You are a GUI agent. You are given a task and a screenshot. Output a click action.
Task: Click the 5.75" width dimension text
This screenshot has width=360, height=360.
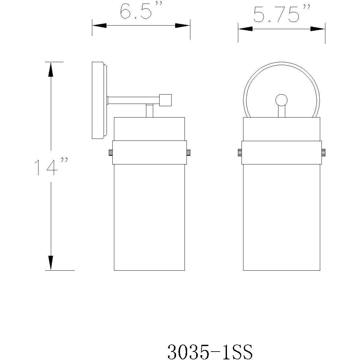pyautogui.click(x=280, y=15)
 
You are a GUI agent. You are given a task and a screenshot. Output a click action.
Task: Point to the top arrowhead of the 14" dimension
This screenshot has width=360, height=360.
pyautogui.click(x=51, y=69)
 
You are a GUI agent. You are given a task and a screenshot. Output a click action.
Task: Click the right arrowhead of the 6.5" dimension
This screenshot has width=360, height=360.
pyautogui.click(x=183, y=26)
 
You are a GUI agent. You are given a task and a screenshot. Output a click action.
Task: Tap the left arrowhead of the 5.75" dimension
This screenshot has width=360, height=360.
pyautogui.click(x=245, y=29)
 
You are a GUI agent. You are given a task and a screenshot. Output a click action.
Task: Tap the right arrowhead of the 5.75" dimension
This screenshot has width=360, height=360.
pyautogui.click(x=317, y=29)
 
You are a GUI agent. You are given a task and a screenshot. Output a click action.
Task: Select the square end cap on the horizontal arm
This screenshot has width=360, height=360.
pyautogui.click(x=166, y=100)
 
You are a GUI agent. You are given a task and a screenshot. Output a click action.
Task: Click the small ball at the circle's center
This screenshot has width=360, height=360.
pyautogui.click(x=281, y=100)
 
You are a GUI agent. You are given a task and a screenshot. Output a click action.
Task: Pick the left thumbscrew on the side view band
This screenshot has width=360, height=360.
pyautogui.click(x=110, y=152)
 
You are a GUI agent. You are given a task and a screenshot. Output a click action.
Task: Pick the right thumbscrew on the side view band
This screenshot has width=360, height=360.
pyautogui.click(x=189, y=152)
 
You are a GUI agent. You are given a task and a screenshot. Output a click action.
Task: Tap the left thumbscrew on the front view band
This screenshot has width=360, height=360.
pyautogui.click(x=240, y=152)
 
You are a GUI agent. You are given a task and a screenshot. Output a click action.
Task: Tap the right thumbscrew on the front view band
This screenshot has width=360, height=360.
pyautogui.click(x=323, y=152)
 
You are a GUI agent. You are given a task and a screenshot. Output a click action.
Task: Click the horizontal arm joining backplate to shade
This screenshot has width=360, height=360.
pyautogui.click(x=133, y=100)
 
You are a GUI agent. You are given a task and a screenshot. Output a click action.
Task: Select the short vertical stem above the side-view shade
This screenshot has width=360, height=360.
pyautogui.click(x=149, y=111)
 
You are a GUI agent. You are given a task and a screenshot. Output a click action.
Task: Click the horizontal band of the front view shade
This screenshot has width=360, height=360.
pyautogui.click(x=281, y=152)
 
